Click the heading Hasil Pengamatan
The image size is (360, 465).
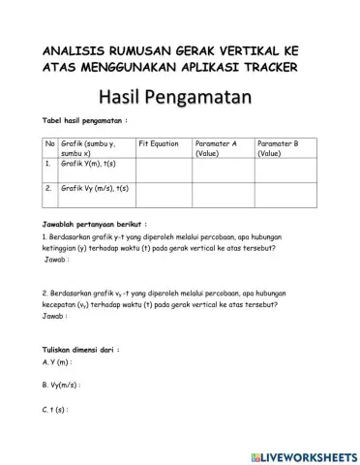[x=180, y=97]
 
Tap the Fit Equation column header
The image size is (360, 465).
[x=159, y=143]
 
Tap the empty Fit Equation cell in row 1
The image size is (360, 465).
[x=164, y=169]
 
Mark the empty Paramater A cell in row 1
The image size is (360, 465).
[x=224, y=169]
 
